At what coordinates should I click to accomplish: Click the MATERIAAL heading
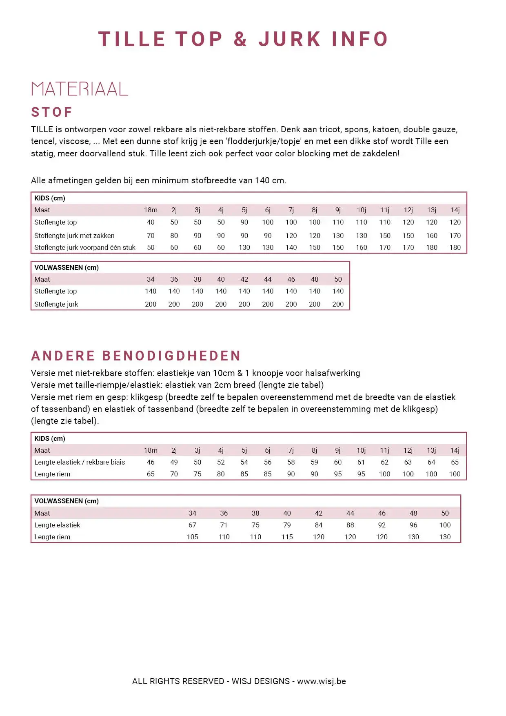click(x=80, y=89)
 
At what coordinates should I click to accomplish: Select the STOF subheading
click(x=52, y=112)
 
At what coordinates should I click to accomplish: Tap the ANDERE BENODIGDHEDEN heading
click(x=136, y=356)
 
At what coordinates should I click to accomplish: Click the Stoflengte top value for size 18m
click(x=151, y=222)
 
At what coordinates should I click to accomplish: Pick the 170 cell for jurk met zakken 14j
click(x=455, y=236)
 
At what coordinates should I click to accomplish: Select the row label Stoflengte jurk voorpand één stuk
click(x=85, y=247)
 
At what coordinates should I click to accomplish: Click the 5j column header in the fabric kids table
click(x=244, y=210)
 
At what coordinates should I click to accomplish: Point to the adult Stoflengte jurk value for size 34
click(x=151, y=304)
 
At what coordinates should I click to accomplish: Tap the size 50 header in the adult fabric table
click(x=338, y=279)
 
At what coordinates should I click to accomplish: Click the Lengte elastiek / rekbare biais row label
click(x=80, y=462)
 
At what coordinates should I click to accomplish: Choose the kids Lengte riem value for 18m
click(x=151, y=474)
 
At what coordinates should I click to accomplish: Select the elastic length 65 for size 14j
click(x=455, y=462)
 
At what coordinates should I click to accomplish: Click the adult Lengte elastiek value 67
click(x=192, y=525)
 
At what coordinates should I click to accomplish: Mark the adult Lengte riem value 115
click(x=287, y=537)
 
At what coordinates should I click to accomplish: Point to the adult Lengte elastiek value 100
click(x=445, y=525)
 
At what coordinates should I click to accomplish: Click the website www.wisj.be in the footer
click(x=321, y=681)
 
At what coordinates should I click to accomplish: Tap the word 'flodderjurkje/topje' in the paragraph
click(x=263, y=141)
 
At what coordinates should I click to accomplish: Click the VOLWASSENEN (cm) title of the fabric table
click(x=67, y=267)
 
